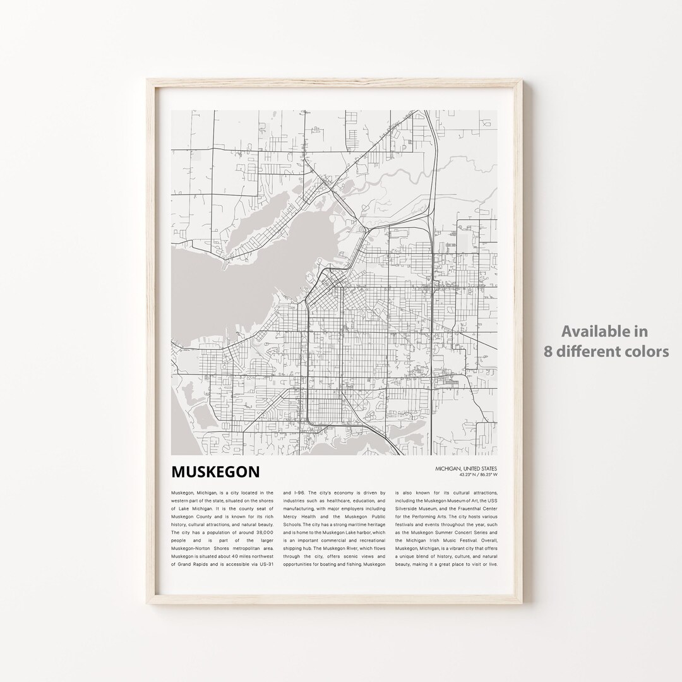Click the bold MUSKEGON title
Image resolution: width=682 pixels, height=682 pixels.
click(x=215, y=472)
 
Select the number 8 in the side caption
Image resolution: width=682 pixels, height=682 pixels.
click(x=548, y=351)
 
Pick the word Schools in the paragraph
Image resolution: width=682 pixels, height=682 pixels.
click(x=293, y=532)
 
